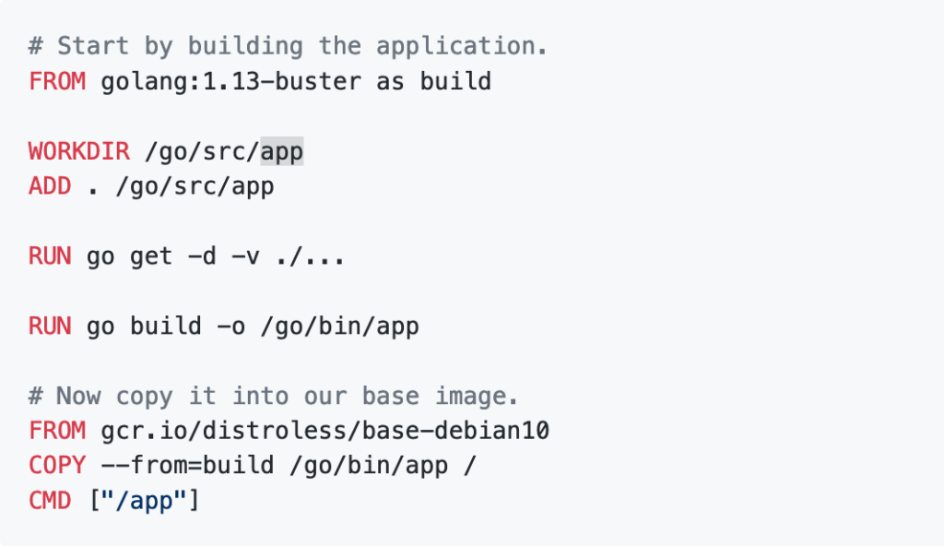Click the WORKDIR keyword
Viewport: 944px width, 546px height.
pyautogui.click(x=78, y=151)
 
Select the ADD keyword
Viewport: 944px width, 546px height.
pyautogui.click(x=50, y=186)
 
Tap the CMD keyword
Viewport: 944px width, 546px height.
pyautogui.click(x=50, y=502)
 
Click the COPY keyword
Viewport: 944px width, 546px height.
pyautogui.click(x=57, y=467)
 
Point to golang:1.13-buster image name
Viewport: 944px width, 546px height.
pyautogui.click(x=224, y=81)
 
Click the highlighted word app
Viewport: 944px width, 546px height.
pyautogui.click(x=281, y=151)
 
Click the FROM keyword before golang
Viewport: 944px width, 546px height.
pyautogui.click(x=57, y=81)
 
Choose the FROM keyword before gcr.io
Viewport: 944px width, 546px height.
pyautogui.click(x=57, y=432)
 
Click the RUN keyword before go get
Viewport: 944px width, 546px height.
pyautogui.click(x=50, y=256)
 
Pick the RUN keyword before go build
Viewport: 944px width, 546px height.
pyautogui.click(x=50, y=326)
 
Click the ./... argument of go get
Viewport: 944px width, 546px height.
pyautogui.click(x=310, y=256)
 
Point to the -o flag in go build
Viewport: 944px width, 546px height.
pyautogui.click(x=231, y=326)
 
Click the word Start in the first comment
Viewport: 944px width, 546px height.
pyautogui.click(x=92, y=46)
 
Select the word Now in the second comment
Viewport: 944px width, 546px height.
pyautogui.click(x=78, y=397)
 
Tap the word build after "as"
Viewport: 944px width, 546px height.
pyautogui.click(x=455, y=81)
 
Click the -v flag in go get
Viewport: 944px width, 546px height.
pyautogui.click(x=245, y=256)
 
